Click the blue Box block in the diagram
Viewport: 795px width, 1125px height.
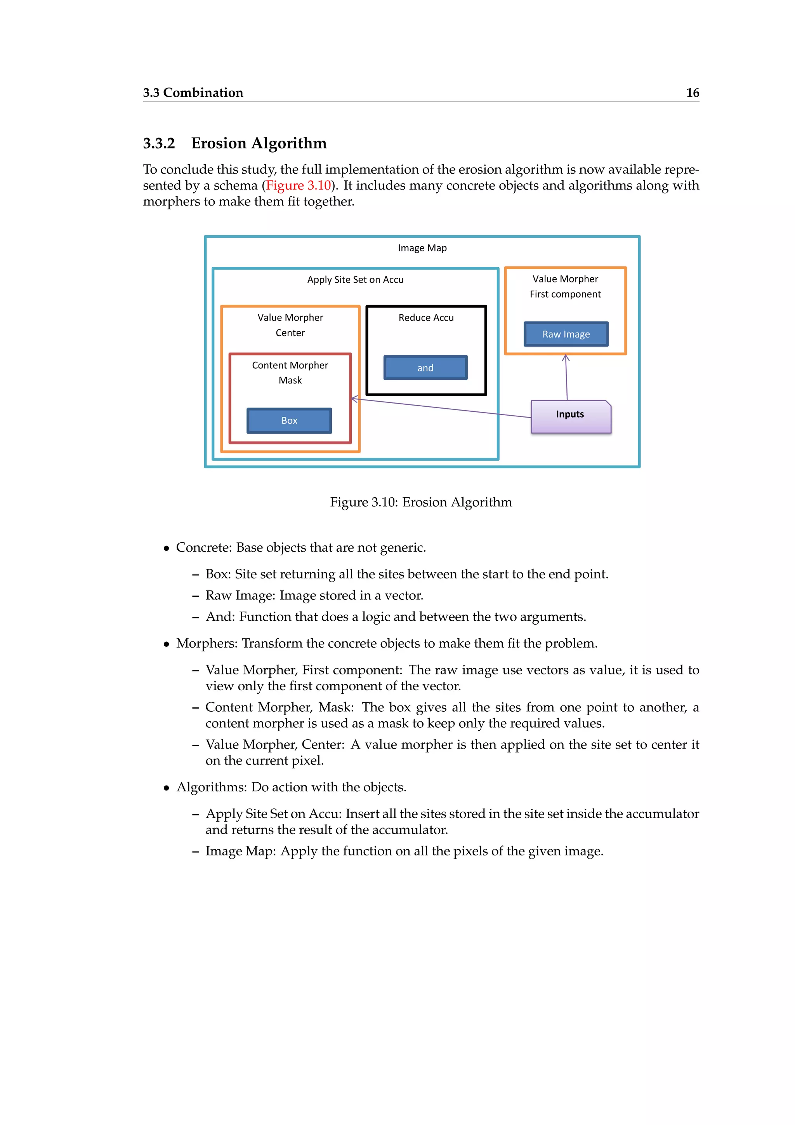(x=289, y=420)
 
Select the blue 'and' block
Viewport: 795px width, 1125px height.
(x=425, y=367)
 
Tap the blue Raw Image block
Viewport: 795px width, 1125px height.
(x=566, y=334)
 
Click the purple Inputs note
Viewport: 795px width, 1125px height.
(x=570, y=416)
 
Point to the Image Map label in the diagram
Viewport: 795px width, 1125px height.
(x=422, y=248)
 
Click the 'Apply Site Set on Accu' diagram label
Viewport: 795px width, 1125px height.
(x=356, y=280)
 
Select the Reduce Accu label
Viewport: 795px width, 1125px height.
(x=426, y=317)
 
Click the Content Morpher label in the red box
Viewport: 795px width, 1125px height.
(x=290, y=365)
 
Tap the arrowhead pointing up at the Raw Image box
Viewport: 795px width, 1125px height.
(x=566, y=358)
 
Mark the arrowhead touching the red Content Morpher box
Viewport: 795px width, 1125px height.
(x=355, y=399)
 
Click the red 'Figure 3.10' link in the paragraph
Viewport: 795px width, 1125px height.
(x=299, y=185)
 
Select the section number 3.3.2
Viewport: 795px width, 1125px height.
(x=159, y=143)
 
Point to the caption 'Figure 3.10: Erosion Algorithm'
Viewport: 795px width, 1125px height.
(x=421, y=502)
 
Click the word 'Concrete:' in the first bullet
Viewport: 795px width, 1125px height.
(x=204, y=547)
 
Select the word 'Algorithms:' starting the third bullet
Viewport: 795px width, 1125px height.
(x=212, y=787)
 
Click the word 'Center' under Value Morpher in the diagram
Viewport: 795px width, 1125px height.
(x=290, y=333)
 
